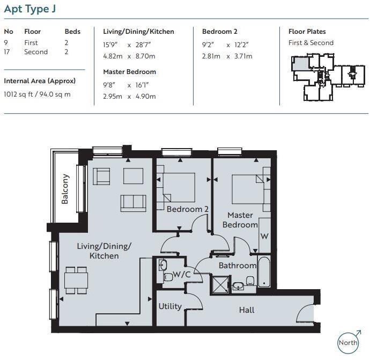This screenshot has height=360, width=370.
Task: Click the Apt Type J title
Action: pos(30,9)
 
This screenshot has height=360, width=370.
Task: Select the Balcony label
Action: pos(65,189)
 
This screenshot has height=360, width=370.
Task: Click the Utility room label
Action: pos(170,306)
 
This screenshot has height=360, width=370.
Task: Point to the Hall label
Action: pos(247,310)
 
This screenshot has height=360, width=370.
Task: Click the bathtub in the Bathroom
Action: pos(264,271)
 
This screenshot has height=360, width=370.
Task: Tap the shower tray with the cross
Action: pos(220,285)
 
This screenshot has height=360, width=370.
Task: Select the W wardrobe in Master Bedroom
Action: pos(264,236)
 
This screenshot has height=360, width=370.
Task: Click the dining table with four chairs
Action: pos(76,280)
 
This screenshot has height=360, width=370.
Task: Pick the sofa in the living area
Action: pos(134,203)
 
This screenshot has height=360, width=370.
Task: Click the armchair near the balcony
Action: pos(101,176)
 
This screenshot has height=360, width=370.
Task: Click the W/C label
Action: pos(181,274)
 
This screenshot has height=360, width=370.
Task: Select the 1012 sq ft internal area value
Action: pos(18,94)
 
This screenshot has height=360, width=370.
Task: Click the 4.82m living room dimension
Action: pos(113,56)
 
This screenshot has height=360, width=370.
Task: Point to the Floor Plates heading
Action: pos(307,32)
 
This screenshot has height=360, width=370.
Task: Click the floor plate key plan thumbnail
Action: pos(328,77)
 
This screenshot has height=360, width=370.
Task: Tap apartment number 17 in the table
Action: pos(7,52)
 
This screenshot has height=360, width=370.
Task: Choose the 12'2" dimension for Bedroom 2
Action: pos(241,45)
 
